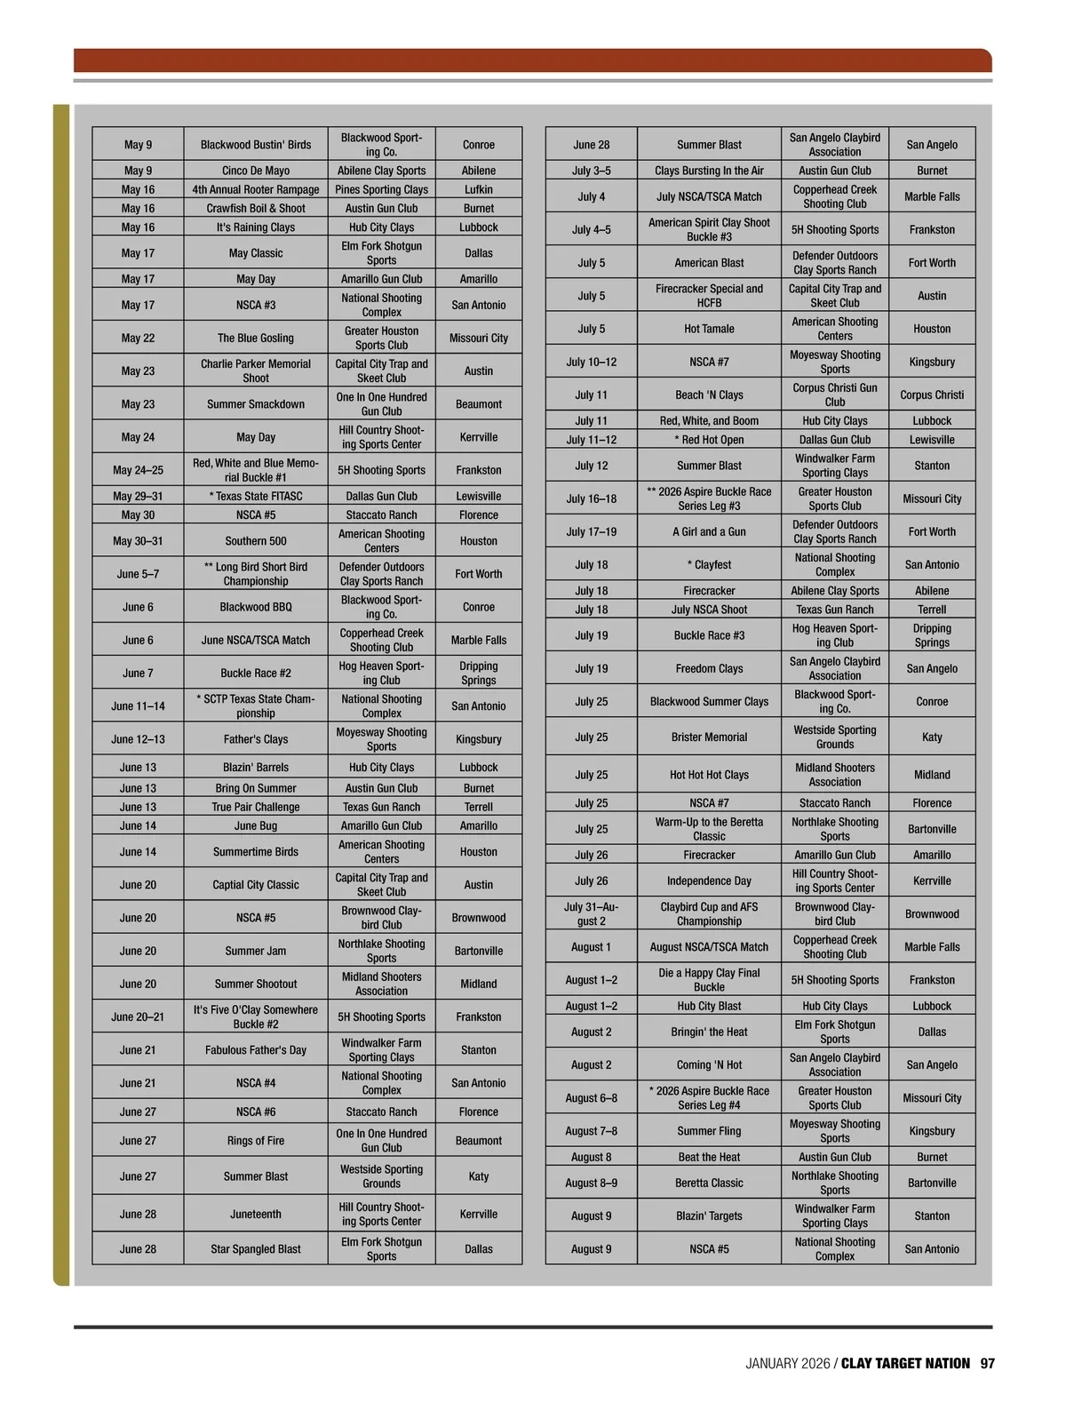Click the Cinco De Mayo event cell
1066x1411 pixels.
tap(256, 171)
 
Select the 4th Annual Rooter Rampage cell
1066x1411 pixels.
tap(256, 189)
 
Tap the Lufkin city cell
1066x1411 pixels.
tap(478, 189)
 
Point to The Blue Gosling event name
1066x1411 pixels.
tap(256, 338)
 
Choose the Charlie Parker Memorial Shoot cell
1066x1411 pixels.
tap(256, 371)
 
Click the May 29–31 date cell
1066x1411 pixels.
tap(138, 496)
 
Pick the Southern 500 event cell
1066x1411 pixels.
tap(256, 540)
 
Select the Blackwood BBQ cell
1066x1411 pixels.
tap(256, 607)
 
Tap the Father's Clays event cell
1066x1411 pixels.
tap(256, 738)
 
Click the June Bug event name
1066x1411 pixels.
tap(256, 825)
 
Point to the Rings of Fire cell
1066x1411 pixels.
tap(256, 1140)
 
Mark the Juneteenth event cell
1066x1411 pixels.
tap(256, 1214)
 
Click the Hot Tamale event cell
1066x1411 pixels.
tap(709, 329)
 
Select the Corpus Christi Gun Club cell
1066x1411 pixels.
tap(834, 395)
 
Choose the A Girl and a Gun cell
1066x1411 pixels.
tap(709, 531)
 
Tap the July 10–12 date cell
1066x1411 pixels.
tap(592, 362)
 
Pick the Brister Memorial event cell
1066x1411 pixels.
tap(709, 737)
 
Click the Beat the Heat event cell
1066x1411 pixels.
tap(709, 1157)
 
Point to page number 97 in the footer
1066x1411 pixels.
tap(988, 1363)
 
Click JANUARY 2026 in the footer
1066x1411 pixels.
tap(787, 1363)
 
